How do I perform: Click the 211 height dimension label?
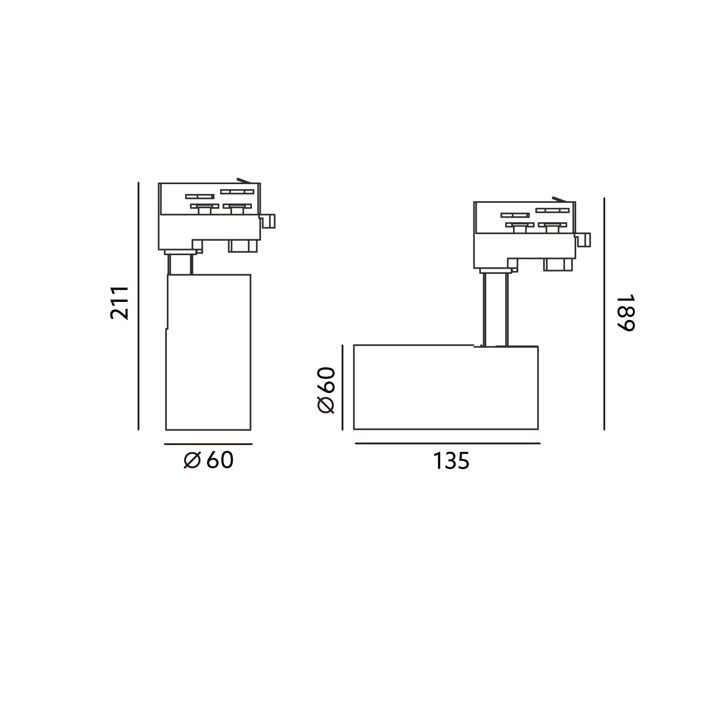120,303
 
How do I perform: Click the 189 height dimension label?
625,313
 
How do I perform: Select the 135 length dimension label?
451,461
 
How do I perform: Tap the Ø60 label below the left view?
208,461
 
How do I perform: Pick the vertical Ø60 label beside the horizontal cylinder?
326,390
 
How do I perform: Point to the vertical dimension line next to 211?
139,306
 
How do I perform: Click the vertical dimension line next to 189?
604,314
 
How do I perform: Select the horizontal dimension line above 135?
448,443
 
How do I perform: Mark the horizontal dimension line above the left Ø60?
208,444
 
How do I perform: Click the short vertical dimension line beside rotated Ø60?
343,387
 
